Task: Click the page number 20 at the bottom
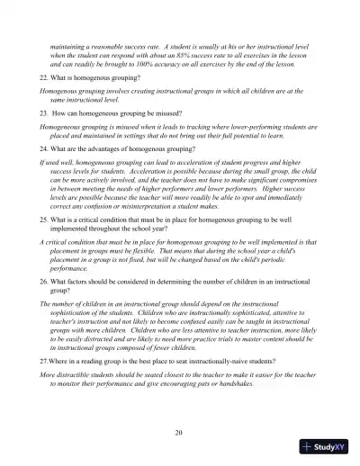180,432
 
